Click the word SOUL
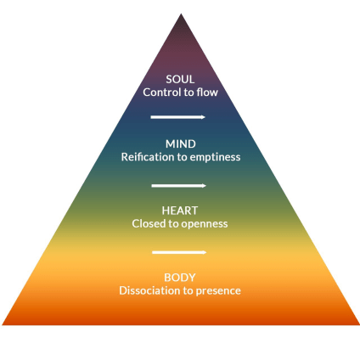coord(180,79)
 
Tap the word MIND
coord(181,143)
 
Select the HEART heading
coord(180,211)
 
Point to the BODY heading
coord(180,278)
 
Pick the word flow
coord(207,93)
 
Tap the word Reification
coord(148,157)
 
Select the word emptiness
coord(215,157)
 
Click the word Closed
coord(149,223)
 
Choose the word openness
coord(205,224)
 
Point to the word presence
coord(218,291)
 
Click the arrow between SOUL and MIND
coord(177,117)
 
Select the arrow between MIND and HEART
coord(178,186)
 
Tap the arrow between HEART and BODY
coord(179,252)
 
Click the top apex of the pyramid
coord(181,14)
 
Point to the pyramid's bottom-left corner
coord(3,324)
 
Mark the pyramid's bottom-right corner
coord(359,324)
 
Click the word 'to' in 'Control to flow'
coord(188,93)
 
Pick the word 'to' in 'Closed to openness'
coord(173,224)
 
